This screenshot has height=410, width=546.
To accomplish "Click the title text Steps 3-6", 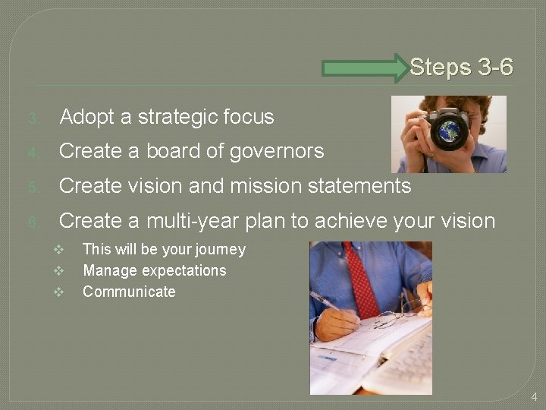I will click(x=461, y=68).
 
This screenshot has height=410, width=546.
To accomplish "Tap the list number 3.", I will click(x=33, y=118).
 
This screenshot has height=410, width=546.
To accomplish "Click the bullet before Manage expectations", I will click(x=58, y=271).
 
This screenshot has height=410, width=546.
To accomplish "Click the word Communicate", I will click(x=129, y=292).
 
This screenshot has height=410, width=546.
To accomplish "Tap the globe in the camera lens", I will click(x=453, y=128).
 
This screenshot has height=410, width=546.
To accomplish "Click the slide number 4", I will click(x=534, y=396).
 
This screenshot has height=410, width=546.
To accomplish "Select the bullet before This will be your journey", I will click(x=58, y=250).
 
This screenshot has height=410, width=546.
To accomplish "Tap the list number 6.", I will click(x=33, y=222).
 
